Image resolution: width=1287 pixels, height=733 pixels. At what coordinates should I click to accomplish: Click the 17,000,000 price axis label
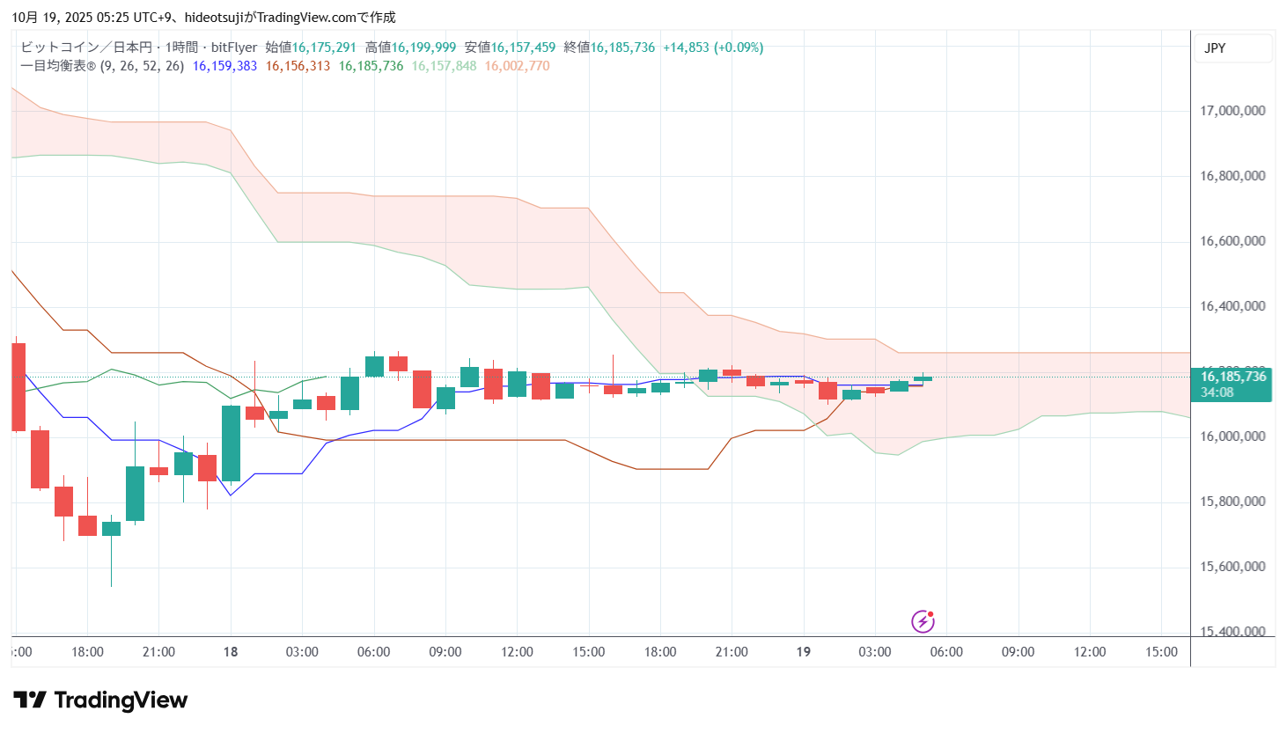coord(1232,111)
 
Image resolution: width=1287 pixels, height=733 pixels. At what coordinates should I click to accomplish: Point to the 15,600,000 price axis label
coord(1232,567)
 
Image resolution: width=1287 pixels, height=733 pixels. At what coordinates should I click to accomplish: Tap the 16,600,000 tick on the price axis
coord(1232,241)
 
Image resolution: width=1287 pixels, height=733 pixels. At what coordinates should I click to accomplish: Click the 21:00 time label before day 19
coord(732,652)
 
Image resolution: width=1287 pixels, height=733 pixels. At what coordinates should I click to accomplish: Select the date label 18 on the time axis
coord(231,652)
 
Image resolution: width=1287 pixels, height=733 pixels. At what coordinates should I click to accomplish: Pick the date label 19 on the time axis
coord(803,652)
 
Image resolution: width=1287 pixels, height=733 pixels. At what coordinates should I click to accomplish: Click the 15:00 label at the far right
coord(1161,652)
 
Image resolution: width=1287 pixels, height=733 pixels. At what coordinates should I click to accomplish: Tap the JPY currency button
coord(1215,48)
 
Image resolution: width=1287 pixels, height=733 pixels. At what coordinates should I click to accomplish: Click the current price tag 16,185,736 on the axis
coord(1232,377)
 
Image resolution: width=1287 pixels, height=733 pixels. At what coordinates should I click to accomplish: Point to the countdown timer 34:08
coord(1217,392)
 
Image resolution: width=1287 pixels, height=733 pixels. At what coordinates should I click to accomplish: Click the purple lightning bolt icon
coord(923,621)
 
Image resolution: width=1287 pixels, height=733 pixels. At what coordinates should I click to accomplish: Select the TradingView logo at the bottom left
coord(100,700)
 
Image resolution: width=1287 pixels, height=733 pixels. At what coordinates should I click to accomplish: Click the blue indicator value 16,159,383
coord(224,66)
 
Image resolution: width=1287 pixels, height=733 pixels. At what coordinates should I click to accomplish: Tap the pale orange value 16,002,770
coord(517,66)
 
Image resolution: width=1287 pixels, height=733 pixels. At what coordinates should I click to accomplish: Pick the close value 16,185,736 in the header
coord(622,48)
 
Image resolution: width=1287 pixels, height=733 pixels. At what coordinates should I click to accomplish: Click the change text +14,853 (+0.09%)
coord(713,48)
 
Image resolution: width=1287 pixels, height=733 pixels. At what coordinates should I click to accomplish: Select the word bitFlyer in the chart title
coord(234,48)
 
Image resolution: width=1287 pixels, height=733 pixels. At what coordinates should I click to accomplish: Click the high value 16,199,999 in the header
coord(423,48)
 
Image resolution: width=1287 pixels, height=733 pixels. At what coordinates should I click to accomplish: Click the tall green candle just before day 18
coord(231,443)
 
